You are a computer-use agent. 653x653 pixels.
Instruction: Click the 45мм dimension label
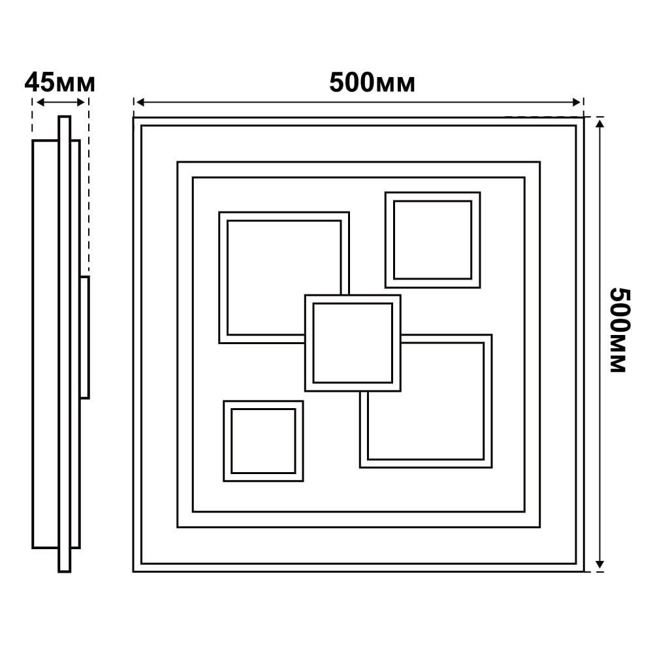coord(60,82)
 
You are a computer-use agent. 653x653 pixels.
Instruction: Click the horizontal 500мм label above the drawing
coord(372,82)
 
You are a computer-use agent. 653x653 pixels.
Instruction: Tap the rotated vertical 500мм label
coord(620,330)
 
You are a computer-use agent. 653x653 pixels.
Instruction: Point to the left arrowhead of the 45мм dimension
coord(40,103)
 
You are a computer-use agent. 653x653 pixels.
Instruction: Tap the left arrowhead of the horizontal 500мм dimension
coord(140,103)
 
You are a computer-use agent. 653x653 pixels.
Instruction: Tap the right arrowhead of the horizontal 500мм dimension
coord(577,103)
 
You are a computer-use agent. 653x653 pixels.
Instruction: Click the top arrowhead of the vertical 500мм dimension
coord(599,123)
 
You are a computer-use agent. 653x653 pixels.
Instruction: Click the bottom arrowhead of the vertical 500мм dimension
coord(599,564)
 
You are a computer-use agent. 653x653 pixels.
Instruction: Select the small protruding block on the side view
coord(84,338)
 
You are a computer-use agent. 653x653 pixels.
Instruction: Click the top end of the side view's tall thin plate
coord(65,117)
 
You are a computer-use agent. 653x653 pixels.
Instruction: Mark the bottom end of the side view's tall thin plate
coord(65,571)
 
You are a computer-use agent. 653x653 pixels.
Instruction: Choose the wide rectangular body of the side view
coord(45,344)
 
